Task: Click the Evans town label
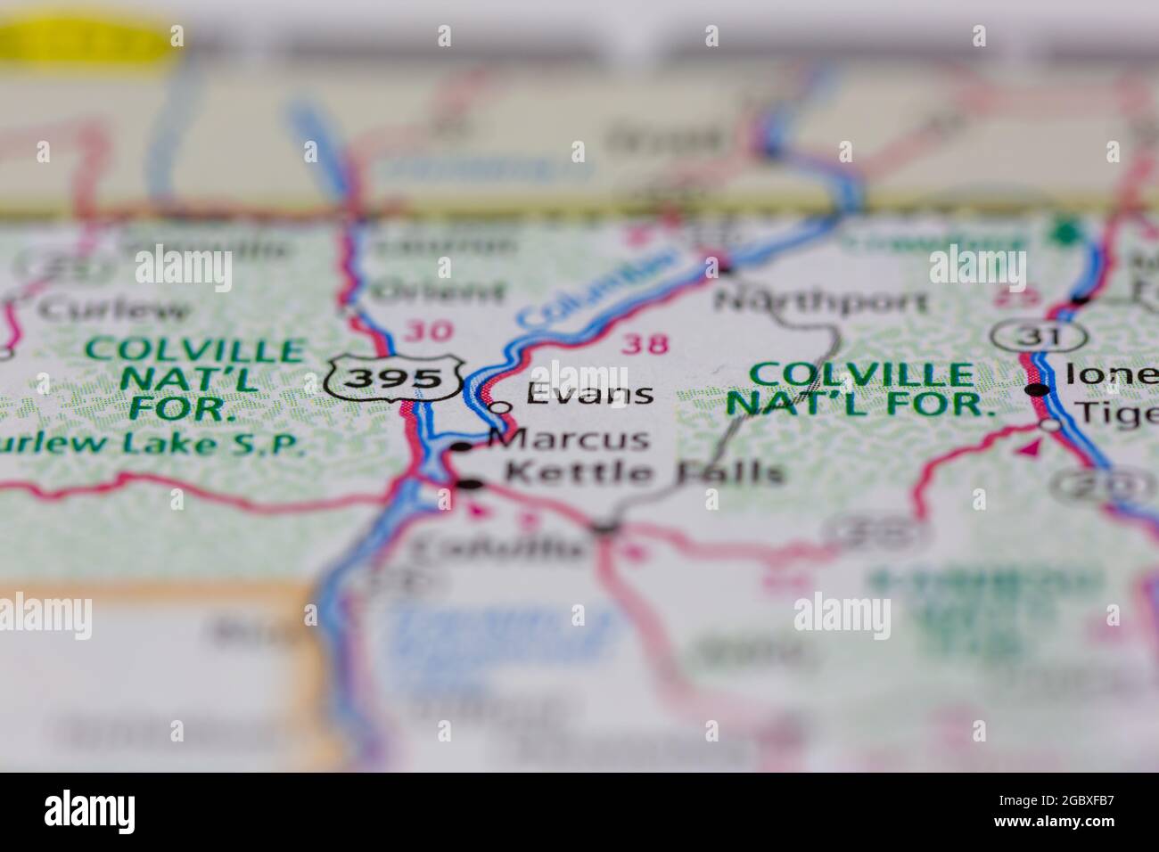[589, 393]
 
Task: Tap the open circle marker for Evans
[502, 407]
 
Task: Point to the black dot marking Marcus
[461, 446]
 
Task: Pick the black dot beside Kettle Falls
[469, 484]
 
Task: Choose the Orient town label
[438, 291]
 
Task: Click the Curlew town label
[114, 309]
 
